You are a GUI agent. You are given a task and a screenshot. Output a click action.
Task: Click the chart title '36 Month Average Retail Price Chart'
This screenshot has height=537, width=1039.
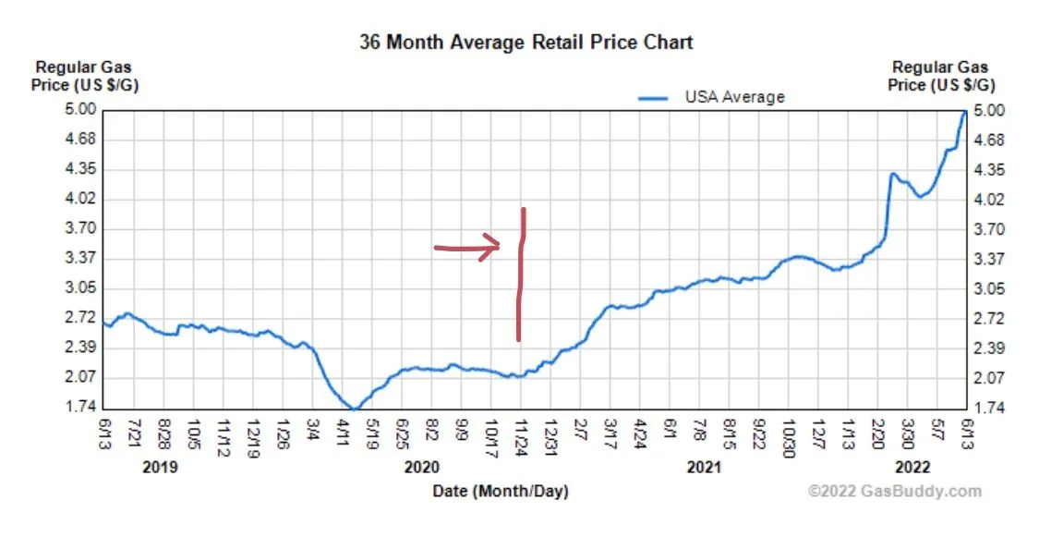tap(526, 43)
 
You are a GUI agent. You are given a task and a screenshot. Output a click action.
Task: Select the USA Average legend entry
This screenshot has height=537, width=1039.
tap(710, 96)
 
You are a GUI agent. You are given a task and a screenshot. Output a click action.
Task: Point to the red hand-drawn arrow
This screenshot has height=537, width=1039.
tap(467, 248)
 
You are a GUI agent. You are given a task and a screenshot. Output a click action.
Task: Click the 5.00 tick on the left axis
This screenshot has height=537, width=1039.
tap(80, 110)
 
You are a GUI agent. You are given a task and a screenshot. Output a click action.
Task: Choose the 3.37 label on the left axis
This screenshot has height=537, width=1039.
tap(80, 258)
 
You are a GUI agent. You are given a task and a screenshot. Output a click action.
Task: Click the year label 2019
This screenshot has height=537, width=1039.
tap(161, 468)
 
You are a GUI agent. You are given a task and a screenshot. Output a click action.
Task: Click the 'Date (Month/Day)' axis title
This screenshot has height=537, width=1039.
tap(501, 492)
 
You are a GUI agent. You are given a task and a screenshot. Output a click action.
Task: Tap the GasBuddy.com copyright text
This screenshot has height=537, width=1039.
tap(895, 492)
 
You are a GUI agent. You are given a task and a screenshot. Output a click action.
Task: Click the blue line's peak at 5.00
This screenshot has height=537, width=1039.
tap(964, 112)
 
